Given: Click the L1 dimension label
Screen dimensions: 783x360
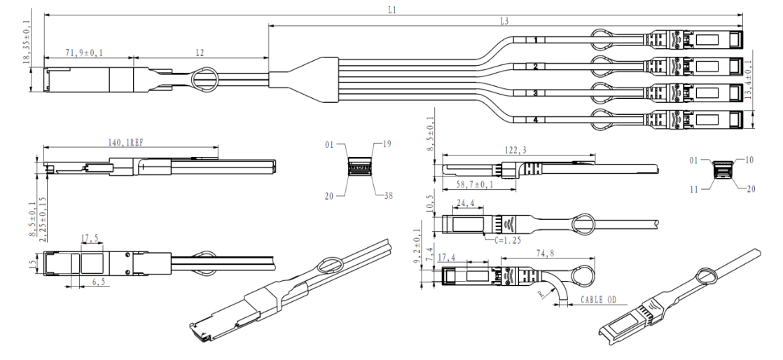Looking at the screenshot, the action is (x=392, y=10).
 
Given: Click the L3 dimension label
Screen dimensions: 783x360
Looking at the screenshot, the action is (x=504, y=21).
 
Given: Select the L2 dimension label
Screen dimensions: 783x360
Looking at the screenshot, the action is (x=200, y=52).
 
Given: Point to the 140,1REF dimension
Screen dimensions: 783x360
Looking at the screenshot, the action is (x=126, y=143).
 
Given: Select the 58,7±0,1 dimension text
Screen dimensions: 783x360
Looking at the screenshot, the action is (x=474, y=184).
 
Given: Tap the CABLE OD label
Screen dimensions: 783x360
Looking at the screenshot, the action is (x=598, y=300).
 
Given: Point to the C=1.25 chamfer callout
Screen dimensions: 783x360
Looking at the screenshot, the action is (x=508, y=240).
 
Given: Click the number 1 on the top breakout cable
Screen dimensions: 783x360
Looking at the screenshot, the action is (x=535, y=40).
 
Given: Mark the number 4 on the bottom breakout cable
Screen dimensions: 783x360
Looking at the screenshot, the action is (x=535, y=120).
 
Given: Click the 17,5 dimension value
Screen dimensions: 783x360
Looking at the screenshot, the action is (x=90, y=237).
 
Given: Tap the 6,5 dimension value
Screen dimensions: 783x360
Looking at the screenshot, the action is (x=98, y=282).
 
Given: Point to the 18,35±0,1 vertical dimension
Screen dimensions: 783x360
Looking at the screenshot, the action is (x=27, y=40).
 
